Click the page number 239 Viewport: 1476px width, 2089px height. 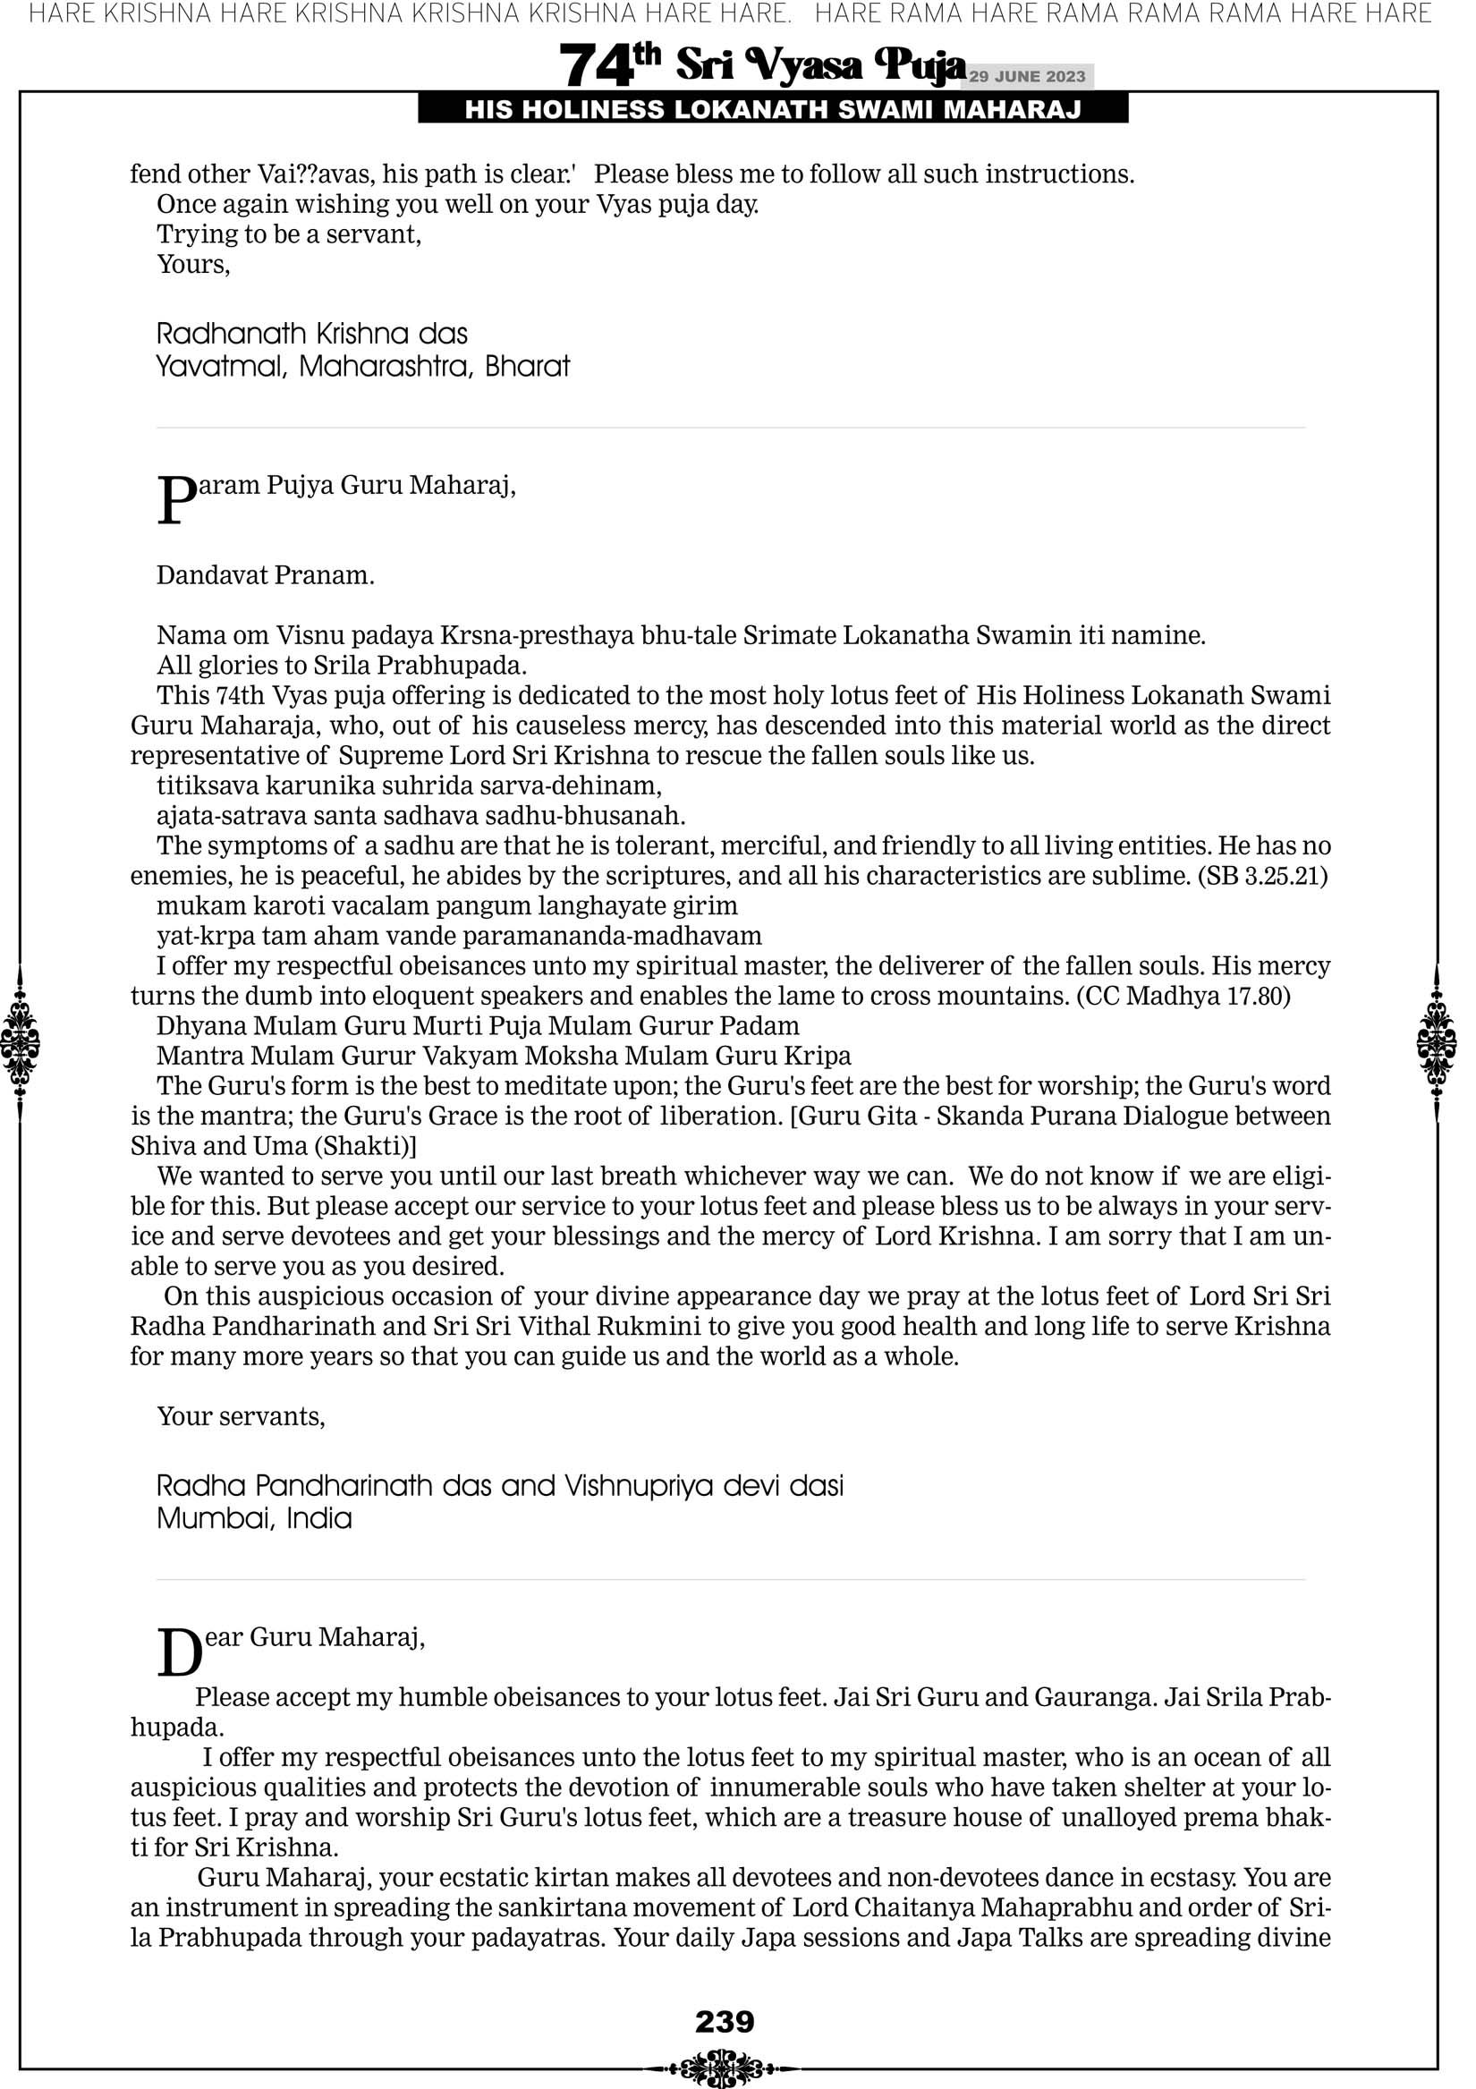point(725,2021)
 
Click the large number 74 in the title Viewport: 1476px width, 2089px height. point(595,66)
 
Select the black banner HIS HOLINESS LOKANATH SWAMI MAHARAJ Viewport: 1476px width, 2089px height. point(773,110)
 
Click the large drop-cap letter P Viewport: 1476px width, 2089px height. point(176,500)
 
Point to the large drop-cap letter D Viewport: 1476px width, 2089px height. point(178,1652)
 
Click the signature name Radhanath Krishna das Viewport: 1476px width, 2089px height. point(312,334)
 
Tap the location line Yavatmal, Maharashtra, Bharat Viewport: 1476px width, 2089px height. point(363,367)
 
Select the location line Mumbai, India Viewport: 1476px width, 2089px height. point(254,1518)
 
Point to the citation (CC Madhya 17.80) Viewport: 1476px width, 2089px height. point(1183,997)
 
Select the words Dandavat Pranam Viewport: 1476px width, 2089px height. point(266,576)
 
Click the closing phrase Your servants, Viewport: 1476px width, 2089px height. point(242,1416)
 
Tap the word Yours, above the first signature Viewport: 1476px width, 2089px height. point(194,265)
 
